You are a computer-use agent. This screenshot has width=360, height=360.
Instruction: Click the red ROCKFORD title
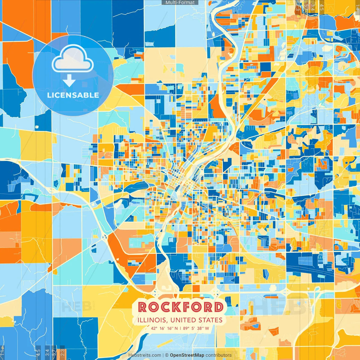click(x=181, y=307)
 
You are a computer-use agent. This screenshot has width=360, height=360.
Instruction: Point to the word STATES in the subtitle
click(x=211, y=320)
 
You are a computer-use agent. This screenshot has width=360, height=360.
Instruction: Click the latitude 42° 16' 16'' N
click(x=164, y=328)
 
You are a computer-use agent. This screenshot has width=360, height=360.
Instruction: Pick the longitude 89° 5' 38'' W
click(x=196, y=328)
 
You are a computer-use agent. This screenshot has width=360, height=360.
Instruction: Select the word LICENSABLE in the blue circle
click(x=73, y=95)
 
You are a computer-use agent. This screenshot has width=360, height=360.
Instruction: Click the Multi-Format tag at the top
click(x=180, y=3)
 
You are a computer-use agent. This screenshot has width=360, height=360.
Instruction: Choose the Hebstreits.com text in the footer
click(x=145, y=355)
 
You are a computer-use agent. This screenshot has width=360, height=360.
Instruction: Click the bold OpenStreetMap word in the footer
click(x=187, y=355)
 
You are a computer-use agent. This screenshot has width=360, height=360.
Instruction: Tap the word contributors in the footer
click(x=219, y=355)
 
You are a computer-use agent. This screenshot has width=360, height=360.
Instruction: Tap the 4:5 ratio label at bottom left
click(x=38, y=352)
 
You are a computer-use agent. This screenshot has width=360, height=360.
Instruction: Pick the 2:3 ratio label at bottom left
click(x=62, y=352)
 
